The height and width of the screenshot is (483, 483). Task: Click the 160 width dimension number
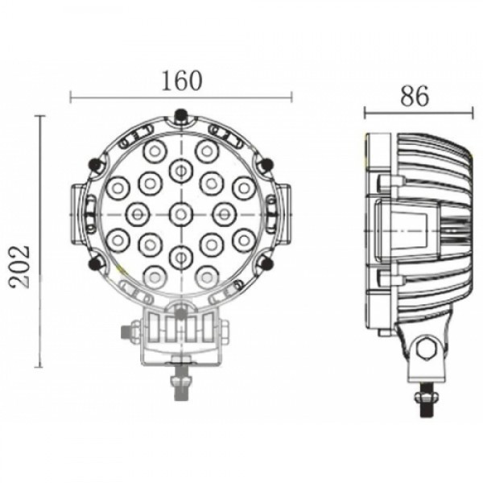pyautogui.click(x=182, y=81)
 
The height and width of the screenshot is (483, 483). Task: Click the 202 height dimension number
pyautogui.click(x=19, y=266)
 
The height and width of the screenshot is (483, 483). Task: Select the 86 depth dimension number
pyautogui.click(x=415, y=96)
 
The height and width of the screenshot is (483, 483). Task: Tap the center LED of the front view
pyautogui.click(x=181, y=214)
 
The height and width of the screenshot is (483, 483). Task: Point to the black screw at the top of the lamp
pyautogui.click(x=180, y=117)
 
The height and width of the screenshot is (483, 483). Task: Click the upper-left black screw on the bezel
pyautogui.click(x=95, y=164)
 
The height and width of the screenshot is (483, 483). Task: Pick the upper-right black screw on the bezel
pyautogui.click(x=266, y=164)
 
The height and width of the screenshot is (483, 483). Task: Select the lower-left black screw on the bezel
pyautogui.click(x=95, y=264)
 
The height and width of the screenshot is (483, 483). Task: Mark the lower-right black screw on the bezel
pyautogui.click(x=266, y=264)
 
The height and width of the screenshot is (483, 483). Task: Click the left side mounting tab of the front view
pyautogui.click(x=77, y=214)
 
